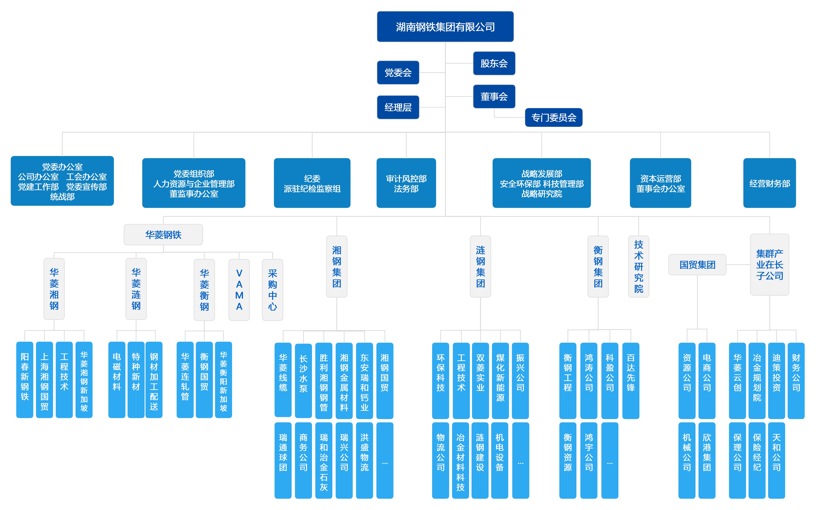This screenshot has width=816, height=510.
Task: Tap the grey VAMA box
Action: point(239,289)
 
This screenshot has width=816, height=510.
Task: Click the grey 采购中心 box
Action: point(272,289)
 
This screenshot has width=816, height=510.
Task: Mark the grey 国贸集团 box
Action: point(697,265)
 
